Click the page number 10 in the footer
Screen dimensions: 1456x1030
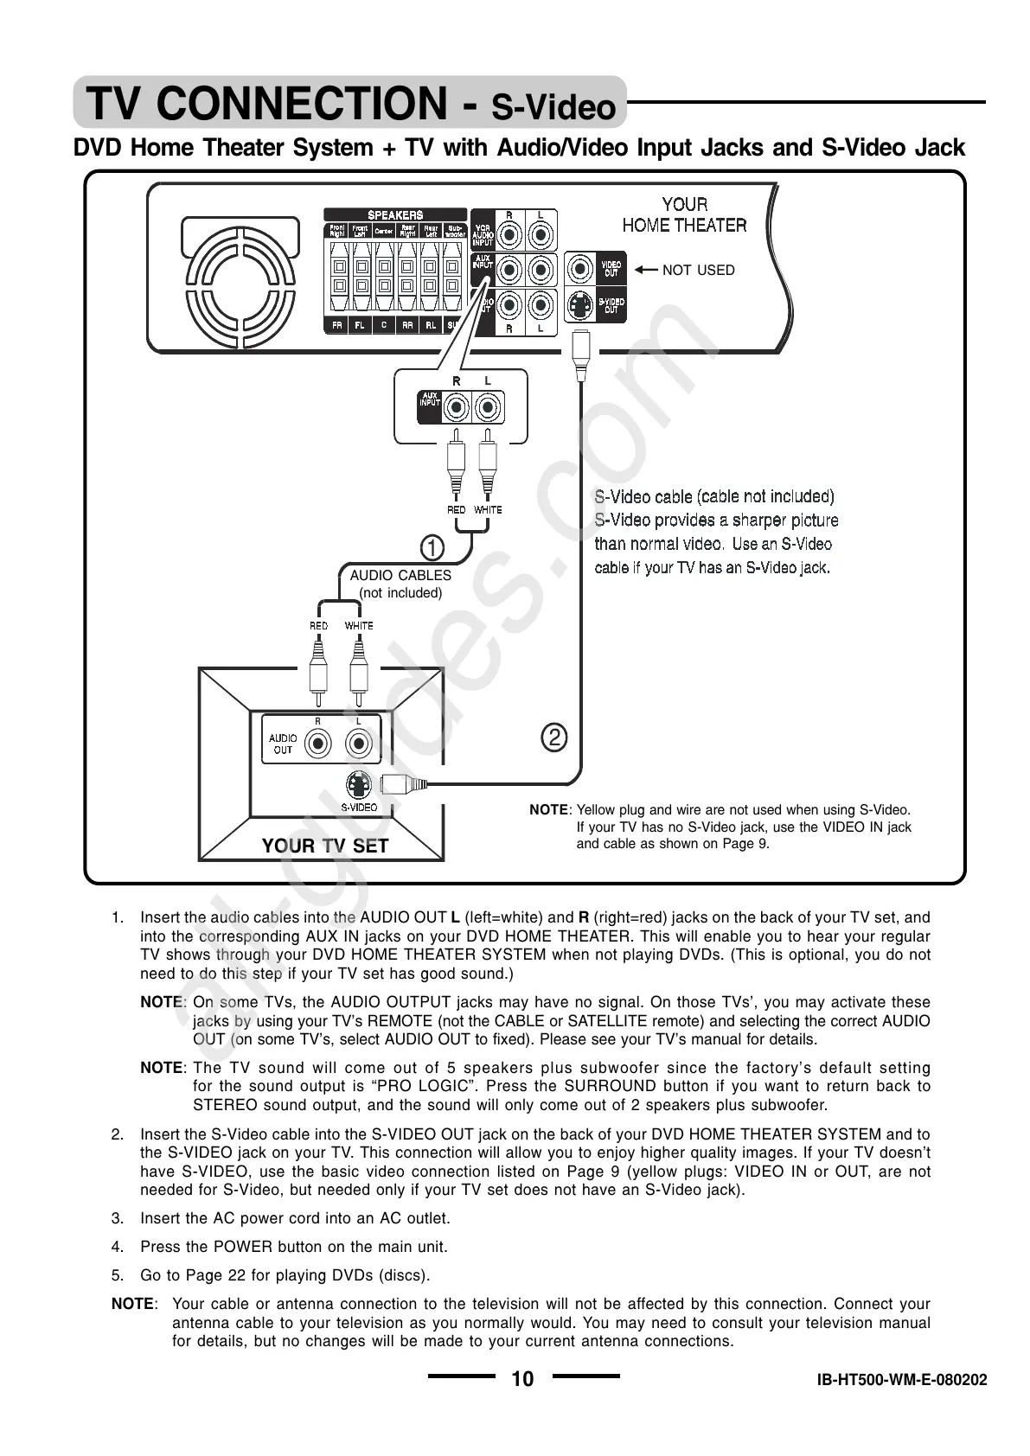click(522, 1378)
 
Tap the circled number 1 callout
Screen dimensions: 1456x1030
click(432, 547)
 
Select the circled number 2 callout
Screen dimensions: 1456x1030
click(553, 738)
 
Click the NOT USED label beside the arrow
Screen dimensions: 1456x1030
click(698, 271)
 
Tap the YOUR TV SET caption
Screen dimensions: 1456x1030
click(324, 846)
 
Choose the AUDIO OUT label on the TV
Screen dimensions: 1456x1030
click(283, 744)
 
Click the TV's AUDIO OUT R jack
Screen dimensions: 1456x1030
click(319, 743)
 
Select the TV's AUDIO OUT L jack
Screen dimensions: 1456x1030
click(358, 743)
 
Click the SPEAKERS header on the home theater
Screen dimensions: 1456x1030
click(395, 214)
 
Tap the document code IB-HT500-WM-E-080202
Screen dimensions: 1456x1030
click(901, 1380)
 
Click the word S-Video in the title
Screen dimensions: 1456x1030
click(553, 108)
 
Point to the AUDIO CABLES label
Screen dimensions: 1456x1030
click(400, 575)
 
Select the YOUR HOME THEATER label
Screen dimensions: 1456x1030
click(684, 214)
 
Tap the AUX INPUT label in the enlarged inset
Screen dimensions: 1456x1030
click(430, 399)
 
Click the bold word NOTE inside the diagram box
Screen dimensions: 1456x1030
click(548, 810)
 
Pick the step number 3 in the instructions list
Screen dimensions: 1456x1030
click(117, 1218)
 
